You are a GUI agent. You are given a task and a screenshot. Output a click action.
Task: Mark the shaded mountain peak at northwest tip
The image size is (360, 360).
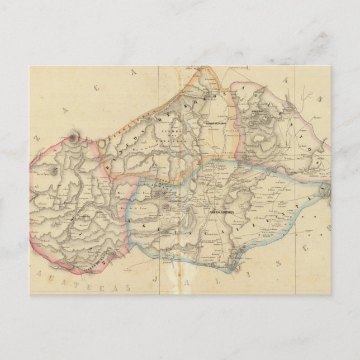pyautogui.click(x=74, y=136)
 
